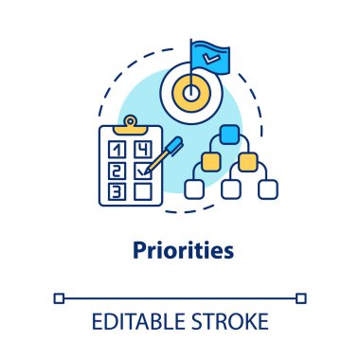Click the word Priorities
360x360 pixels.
179,253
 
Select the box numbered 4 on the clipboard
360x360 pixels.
142,149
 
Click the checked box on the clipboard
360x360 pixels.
142,171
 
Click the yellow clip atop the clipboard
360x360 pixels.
128,123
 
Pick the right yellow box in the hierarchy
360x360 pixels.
247,161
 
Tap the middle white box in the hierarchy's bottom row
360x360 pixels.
230,188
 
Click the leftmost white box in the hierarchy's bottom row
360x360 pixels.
195,188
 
